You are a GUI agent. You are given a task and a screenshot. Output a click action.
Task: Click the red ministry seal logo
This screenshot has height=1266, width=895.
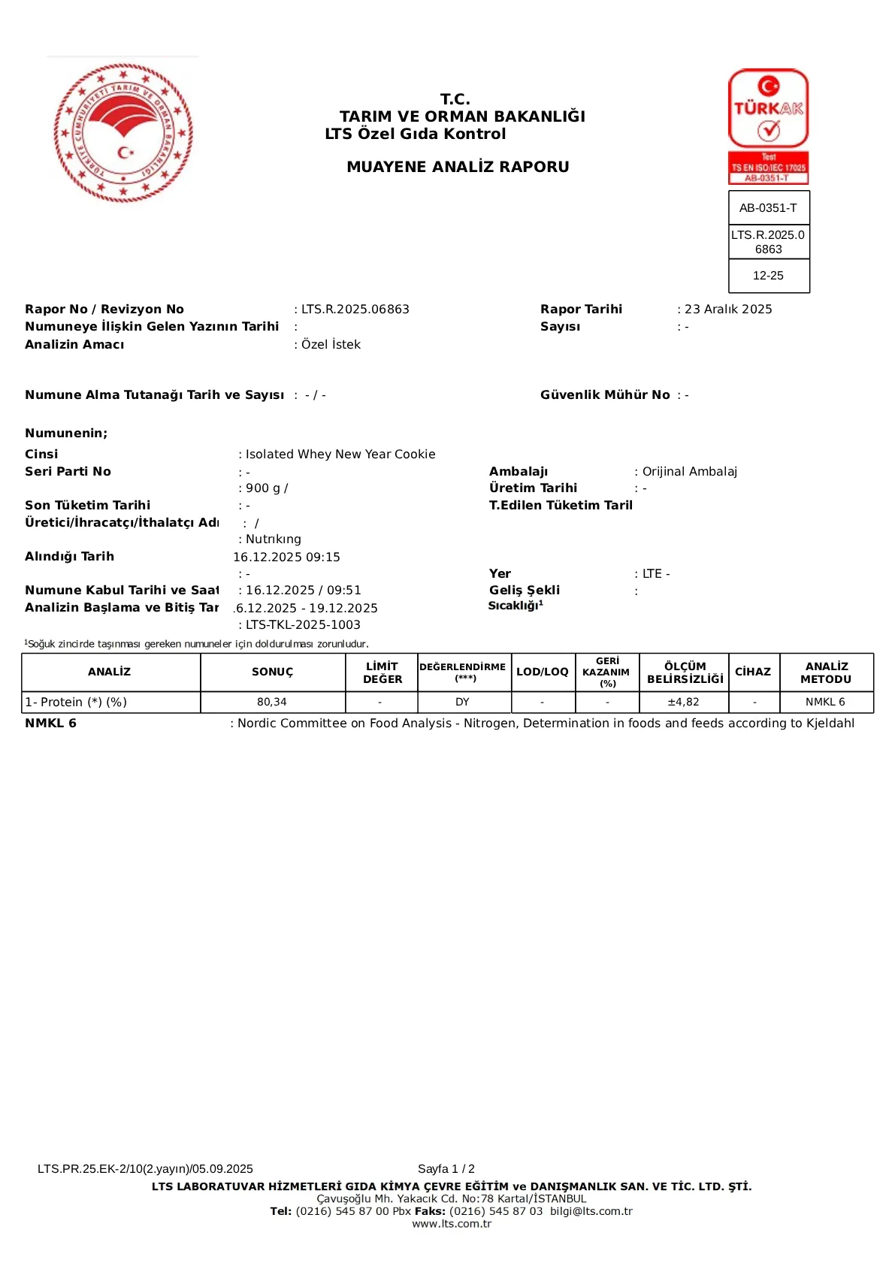123,133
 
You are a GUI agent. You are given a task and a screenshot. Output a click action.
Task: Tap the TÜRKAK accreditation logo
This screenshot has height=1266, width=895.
768,125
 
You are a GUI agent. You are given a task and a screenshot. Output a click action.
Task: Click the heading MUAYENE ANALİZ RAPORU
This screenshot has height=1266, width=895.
458,167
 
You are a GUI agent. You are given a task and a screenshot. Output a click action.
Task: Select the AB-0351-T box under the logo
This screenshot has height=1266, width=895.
768,208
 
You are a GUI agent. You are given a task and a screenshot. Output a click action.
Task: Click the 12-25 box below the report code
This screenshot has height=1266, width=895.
768,276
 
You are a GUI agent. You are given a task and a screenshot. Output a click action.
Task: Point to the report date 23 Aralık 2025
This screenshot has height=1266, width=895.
727,310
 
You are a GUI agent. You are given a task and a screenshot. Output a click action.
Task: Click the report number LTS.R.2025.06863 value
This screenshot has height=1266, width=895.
355,310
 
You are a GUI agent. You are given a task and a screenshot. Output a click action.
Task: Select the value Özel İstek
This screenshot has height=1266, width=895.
331,345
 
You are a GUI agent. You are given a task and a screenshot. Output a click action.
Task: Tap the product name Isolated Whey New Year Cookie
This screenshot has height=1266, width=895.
340,455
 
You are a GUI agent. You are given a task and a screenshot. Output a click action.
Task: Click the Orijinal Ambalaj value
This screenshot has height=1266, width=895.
689,472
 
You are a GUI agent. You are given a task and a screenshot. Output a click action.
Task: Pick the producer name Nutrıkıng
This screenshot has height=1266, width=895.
273,539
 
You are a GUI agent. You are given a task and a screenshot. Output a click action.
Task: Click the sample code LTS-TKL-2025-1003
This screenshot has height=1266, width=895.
303,625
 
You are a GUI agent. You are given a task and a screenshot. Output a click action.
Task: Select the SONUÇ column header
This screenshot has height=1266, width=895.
272,672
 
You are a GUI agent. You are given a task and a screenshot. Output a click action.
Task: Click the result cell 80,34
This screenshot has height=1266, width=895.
272,702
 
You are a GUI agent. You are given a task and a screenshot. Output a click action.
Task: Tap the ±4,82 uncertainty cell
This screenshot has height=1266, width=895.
683,702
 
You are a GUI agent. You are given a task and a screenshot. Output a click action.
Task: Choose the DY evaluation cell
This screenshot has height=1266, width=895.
462,702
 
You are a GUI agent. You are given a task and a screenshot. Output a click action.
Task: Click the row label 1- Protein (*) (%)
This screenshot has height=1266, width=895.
76,702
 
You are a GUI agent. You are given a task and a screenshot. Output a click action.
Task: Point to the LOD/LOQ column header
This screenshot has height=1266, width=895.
542,672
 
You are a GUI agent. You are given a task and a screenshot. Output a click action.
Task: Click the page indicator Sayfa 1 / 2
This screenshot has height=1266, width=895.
446,1169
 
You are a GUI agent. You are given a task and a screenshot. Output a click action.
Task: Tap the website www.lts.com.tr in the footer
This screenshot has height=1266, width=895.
452,1224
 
